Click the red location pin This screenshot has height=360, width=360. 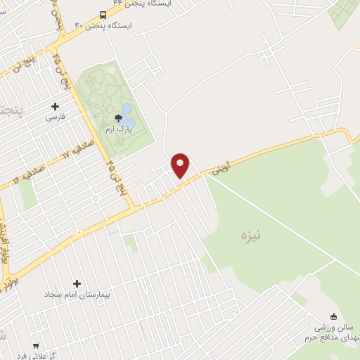(181, 165)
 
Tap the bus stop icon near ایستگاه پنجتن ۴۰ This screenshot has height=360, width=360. (103, 15)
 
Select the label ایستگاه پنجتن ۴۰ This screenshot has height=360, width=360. (111, 25)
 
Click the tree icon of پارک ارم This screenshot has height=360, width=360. (117, 117)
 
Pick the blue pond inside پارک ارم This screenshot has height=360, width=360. (127, 110)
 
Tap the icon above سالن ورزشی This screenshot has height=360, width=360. (333, 316)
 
